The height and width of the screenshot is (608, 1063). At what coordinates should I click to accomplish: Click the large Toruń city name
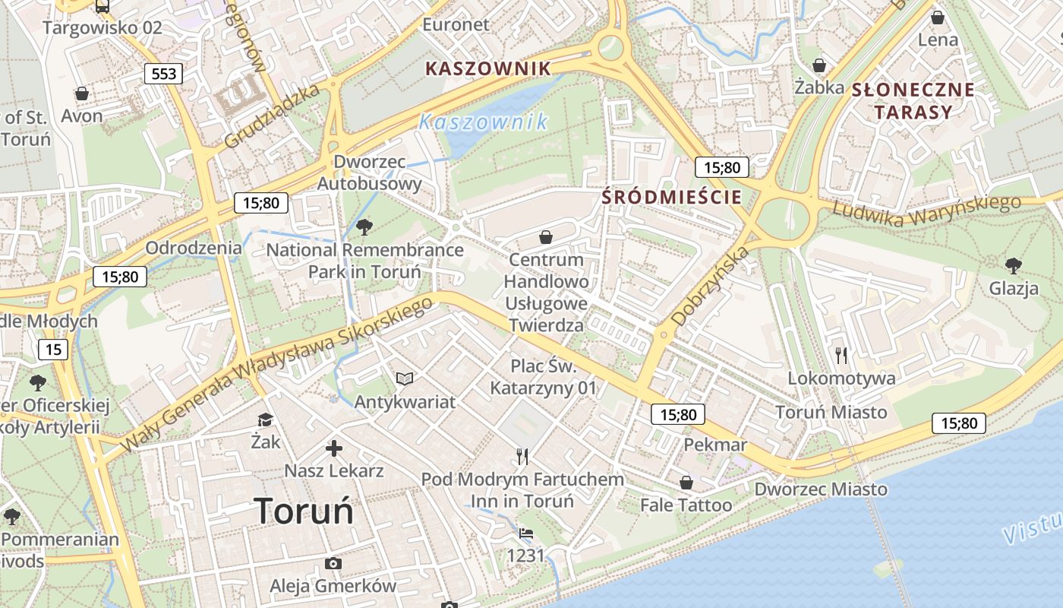304,511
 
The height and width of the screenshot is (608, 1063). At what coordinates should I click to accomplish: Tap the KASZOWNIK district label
487,68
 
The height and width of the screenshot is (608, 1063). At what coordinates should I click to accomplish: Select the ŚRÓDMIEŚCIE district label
671,197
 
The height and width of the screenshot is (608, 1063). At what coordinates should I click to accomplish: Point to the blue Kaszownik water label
483,122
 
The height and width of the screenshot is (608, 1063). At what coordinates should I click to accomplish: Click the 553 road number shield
163,73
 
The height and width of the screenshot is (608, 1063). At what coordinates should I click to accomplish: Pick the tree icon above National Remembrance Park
364,226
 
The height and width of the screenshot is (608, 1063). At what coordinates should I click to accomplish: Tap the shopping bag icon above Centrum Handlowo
545,237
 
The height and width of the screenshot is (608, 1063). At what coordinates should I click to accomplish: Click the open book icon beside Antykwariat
405,378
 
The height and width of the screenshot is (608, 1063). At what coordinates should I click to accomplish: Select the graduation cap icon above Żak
265,420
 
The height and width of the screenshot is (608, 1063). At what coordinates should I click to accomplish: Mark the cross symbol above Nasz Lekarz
333,448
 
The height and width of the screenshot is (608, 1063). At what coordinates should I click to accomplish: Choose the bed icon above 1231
525,533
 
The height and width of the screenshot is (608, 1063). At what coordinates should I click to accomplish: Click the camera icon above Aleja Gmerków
333,563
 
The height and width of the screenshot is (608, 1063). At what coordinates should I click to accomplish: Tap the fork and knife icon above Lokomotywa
841,355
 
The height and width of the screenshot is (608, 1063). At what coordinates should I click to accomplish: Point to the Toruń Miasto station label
831,412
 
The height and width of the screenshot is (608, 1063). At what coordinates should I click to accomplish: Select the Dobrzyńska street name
710,285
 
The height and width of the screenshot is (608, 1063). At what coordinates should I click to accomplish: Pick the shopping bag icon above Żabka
819,65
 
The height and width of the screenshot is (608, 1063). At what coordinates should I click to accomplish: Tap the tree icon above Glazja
1013,265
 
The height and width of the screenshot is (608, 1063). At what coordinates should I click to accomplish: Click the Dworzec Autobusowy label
369,173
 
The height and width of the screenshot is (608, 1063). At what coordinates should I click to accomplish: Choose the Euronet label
456,24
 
